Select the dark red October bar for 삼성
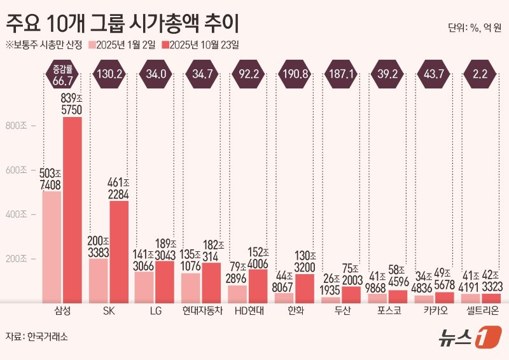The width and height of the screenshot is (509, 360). point(72,210)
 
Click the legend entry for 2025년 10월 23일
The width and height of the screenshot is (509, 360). point(200,45)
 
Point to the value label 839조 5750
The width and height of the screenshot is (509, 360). point(72,103)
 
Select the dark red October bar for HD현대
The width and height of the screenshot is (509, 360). point(258,286)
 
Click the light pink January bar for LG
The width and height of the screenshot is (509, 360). point(145,287)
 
